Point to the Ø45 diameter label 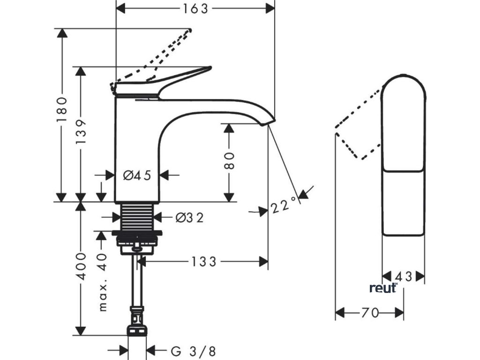(137, 175)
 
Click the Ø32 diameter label (189, 217)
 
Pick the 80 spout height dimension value (230, 160)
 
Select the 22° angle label (284, 204)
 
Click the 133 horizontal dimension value (204, 262)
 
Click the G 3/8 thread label (193, 351)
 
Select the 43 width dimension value (404, 277)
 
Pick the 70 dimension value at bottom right (370, 313)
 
